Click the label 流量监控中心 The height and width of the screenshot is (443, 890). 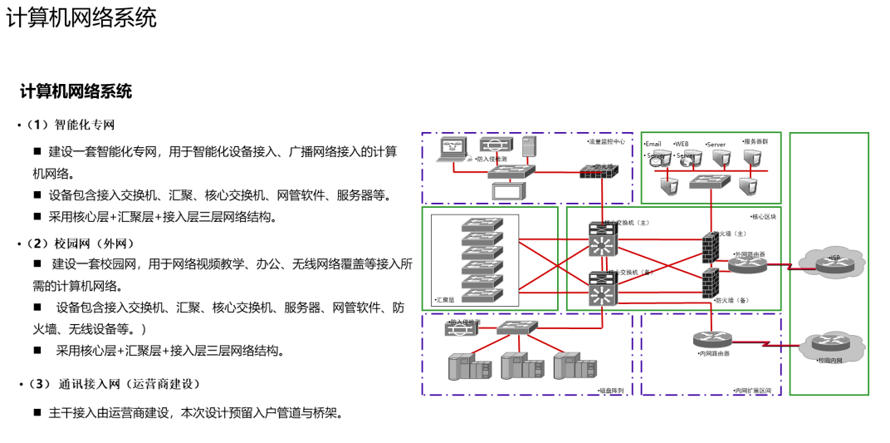tap(607, 142)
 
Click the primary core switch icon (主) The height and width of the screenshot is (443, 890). tap(600, 242)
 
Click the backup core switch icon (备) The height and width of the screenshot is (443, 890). tap(600, 291)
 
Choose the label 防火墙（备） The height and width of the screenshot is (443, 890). tap(731, 301)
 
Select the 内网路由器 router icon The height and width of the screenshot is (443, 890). tap(711, 340)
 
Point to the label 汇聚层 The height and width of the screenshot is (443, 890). tap(446, 299)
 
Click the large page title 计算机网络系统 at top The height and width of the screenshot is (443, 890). tap(81, 17)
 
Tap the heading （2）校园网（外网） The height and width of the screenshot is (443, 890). tap(80, 244)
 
